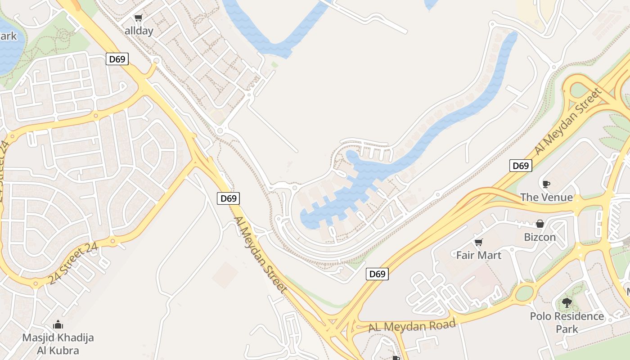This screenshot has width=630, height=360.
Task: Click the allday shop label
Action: click(139, 31)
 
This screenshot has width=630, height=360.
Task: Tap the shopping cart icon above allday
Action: click(138, 18)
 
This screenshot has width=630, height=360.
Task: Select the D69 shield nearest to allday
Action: click(117, 59)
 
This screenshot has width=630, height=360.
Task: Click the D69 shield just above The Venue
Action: click(521, 166)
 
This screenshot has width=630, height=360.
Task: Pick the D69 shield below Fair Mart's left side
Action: click(377, 274)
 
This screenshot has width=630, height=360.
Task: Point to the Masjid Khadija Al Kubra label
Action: click(58, 344)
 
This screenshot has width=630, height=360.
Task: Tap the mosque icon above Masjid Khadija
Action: click(58, 324)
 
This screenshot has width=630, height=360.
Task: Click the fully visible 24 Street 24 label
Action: click(73, 264)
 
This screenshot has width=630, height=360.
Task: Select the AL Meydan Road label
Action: click(412, 325)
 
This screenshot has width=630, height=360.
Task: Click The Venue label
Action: click(546, 197)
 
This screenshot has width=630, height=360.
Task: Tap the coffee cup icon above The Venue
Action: click(546, 184)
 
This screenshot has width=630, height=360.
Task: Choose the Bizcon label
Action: click(540, 237)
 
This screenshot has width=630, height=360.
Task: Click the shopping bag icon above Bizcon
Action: click(540, 224)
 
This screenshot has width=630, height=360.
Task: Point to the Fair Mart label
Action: click(478, 255)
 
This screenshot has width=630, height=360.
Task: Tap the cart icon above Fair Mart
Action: click(478, 242)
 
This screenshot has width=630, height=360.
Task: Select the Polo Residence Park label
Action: click(567, 322)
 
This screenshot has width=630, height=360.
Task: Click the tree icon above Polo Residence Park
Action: click(567, 303)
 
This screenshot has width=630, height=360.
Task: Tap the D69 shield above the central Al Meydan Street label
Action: click(228, 198)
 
